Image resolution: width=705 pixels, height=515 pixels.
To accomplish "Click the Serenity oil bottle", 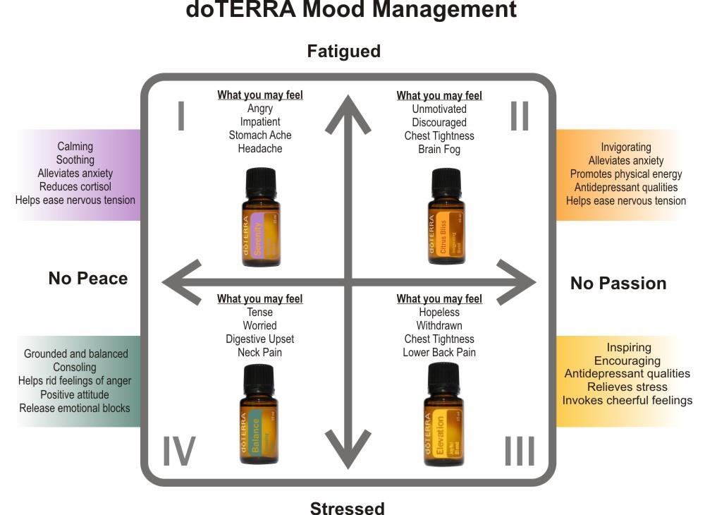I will click(x=260, y=218).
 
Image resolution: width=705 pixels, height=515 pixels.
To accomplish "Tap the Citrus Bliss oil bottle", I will click(x=446, y=218).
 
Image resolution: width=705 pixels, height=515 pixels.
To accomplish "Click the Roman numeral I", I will click(x=181, y=116).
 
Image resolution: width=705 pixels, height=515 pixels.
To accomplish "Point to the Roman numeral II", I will click(x=520, y=116).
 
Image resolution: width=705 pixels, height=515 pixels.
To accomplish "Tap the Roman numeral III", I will click(x=520, y=452).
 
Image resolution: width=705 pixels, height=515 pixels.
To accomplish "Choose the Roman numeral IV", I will click(x=179, y=452).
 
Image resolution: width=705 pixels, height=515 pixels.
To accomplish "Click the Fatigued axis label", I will click(x=343, y=51).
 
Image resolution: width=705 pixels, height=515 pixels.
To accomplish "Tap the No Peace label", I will click(x=88, y=279).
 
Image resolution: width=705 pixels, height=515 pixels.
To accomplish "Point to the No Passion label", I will click(x=618, y=283).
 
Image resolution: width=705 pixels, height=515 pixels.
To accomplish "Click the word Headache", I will click(x=260, y=149).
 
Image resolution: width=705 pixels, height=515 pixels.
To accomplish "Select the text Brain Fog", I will click(x=439, y=149).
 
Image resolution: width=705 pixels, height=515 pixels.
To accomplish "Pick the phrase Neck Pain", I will click(x=260, y=352).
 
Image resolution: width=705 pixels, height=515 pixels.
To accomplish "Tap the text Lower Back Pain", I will click(x=439, y=352).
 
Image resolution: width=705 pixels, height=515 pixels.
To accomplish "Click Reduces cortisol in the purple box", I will click(x=75, y=186).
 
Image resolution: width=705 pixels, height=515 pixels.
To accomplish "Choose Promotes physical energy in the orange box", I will click(x=626, y=174).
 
